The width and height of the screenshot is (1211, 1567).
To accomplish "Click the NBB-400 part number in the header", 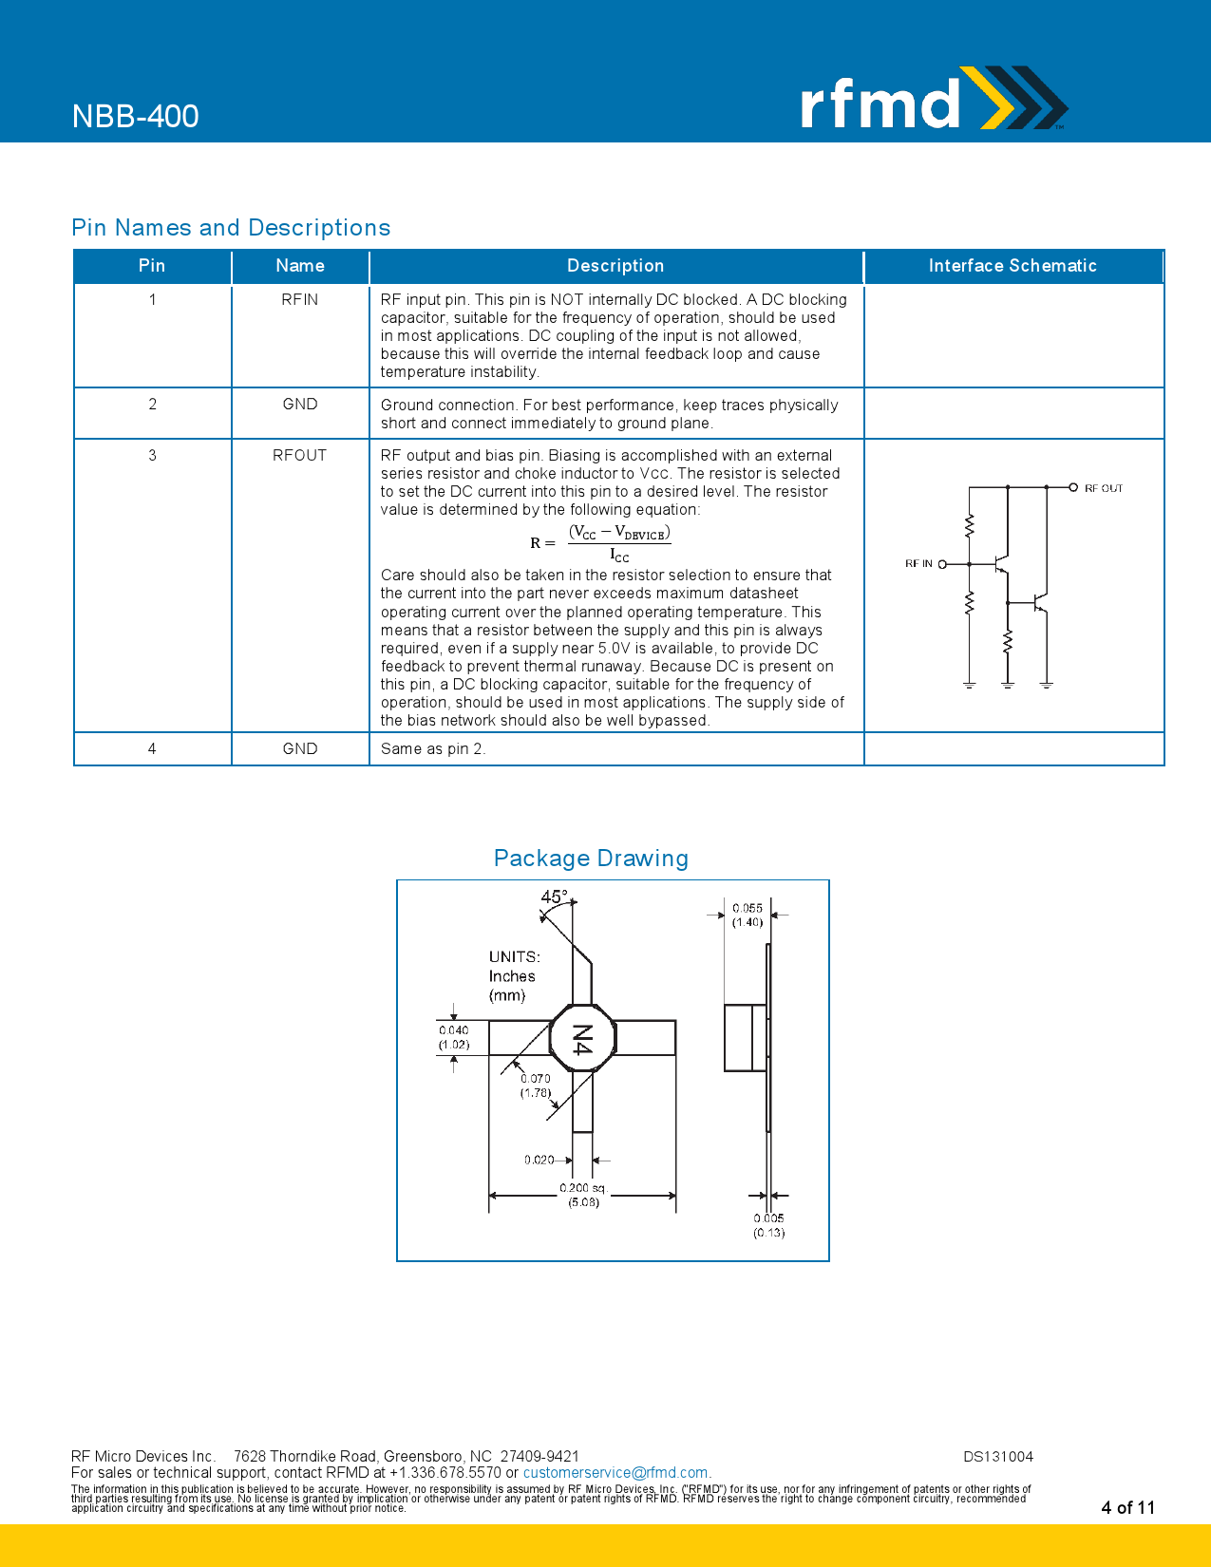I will click(135, 116).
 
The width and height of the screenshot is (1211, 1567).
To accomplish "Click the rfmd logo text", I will click(880, 103).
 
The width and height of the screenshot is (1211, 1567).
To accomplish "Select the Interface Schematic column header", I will click(1012, 266).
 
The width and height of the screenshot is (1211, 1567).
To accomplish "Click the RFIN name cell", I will click(299, 299).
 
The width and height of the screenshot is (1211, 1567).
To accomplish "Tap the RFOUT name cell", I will click(299, 455).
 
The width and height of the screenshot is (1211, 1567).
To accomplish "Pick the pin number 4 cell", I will click(152, 748).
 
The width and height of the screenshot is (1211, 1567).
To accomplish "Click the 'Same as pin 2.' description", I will click(433, 748).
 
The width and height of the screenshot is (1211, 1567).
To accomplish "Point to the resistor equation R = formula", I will click(600, 543).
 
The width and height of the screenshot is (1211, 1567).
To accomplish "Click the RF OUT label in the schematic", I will click(1103, 488).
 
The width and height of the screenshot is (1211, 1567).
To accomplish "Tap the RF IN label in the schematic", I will click(918, 564).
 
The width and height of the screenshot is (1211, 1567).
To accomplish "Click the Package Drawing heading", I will click(591, 859).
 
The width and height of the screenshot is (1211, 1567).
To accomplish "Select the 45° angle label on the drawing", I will click(554, 897).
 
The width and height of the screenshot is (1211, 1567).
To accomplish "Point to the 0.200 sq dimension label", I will click(581, 1188).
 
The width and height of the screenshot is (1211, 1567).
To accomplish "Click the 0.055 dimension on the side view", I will click(747, 908).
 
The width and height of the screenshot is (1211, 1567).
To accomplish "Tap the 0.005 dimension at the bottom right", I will click(768, 1218).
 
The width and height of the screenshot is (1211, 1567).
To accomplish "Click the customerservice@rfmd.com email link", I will click(615, 1472).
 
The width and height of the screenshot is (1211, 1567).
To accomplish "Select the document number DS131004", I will click(997, 1456).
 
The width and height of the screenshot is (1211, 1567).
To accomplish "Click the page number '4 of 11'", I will click(1127, 1507).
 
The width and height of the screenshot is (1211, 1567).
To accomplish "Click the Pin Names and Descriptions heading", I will click(231, 228).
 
